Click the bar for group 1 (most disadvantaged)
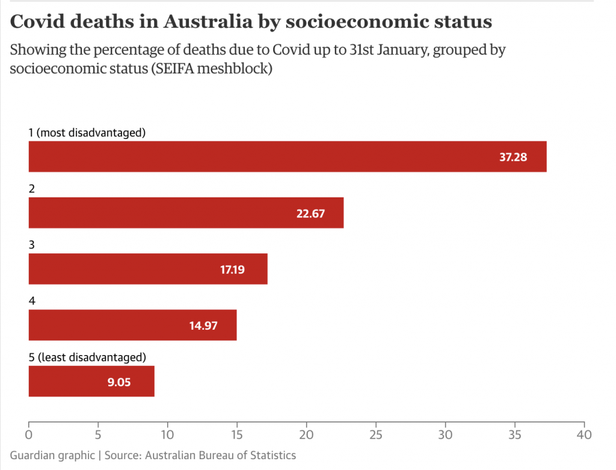[x=288, y=156]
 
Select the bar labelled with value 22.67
[x=186, y=212]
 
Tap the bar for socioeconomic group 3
[x=148, y=269]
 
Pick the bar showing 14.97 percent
[x=132, y=325]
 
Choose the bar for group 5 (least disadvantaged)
[x=91, y=381]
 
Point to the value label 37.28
[x=513, y=157]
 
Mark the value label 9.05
[x=119, y=382]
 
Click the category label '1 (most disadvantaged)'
[x=88, y=132]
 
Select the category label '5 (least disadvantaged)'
[x=88, y=357]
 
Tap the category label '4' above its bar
[x=32, y=301]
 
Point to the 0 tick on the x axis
[x=29, y=434]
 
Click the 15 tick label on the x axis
[x=237, y=434]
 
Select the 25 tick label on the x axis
[x=376, y=434]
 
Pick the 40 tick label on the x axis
[x=584, y=434]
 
